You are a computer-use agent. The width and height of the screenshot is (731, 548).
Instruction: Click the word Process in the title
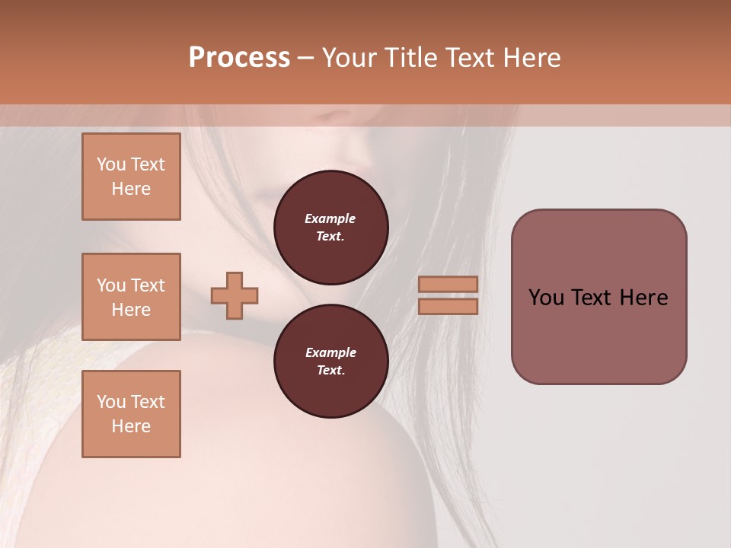point(239,58)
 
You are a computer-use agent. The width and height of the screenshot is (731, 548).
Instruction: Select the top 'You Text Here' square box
point(131,177)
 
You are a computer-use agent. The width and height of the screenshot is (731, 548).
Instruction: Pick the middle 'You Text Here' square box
point(131,297)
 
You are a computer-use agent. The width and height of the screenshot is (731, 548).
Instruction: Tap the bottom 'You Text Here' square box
point(131,414)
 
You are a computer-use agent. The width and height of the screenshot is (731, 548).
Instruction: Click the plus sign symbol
point(235,295)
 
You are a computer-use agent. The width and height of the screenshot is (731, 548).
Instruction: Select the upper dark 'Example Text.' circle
point(330,228)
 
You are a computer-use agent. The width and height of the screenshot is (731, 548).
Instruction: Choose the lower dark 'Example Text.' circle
point(330,362)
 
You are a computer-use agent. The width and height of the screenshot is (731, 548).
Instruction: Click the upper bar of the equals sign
point(448,284)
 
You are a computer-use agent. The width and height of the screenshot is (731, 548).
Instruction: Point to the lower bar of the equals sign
point(448,306)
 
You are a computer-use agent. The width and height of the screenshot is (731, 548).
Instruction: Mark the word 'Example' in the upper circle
point(330,218)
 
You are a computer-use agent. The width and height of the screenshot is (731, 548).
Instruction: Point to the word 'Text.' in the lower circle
point(330,370)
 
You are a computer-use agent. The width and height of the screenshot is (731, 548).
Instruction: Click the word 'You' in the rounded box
point(547,298)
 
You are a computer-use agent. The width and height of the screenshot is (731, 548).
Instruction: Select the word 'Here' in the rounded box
point(643,298)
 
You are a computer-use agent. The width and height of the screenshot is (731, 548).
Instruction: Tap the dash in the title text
point(305,58)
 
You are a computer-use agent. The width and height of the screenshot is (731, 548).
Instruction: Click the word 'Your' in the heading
point(350,58)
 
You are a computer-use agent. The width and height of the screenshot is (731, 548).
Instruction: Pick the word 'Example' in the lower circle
point(330,352)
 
